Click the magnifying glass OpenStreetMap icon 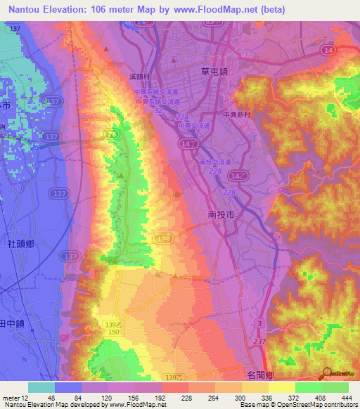coord(328,375)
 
